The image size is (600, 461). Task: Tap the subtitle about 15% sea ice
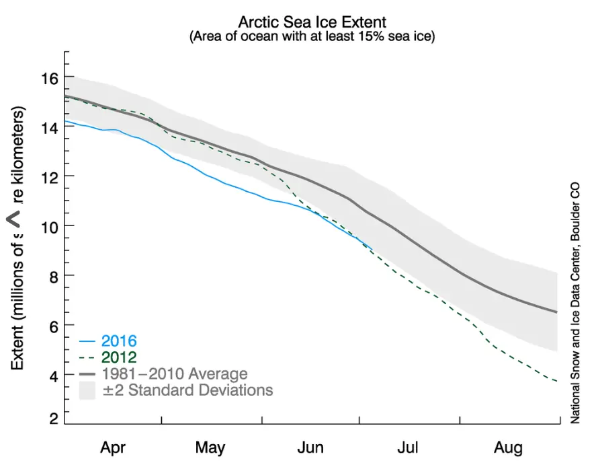[312, 36]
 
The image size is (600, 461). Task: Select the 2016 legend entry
[118, 340]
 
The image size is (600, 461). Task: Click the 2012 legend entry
[118, 357]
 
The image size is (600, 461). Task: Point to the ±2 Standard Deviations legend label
[186, 390]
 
